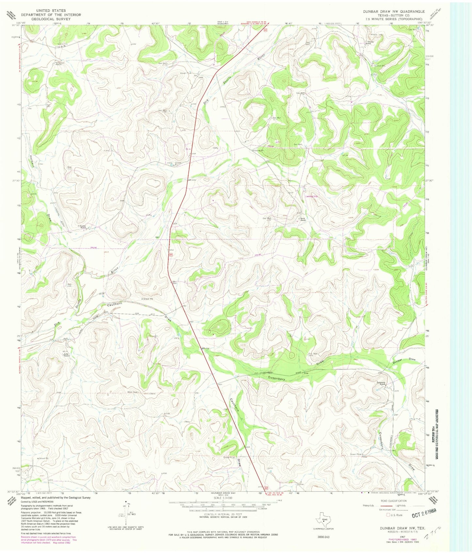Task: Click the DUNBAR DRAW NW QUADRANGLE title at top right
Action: click(394, 11)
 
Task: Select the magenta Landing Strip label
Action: click(311, 197)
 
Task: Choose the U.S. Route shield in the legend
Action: click(388, 515)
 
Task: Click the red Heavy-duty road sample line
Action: click(377, 506)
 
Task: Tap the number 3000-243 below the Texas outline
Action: click(323, 537)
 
